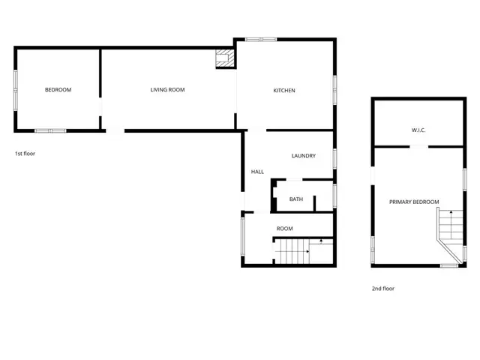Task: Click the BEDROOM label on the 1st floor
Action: click(x=58, y=90)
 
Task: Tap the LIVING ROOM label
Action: click(x=167, y=90)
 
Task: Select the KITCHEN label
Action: click(x=284, y=91)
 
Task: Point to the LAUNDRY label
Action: click(x=303, y=156)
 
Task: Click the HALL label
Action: click(x=257, y=172)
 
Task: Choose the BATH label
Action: click(x=296, y=199)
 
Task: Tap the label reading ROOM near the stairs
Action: click(x=284, y=228)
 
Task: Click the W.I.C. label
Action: click(x=418, y=130)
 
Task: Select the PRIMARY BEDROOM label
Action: click(x=414, y=202)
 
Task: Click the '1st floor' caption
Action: click(x=25, y=153)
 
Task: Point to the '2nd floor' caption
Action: click(x=382, y=288)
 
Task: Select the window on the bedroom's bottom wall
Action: click(x=51, y=130)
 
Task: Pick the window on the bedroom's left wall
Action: click(x=15, y=89)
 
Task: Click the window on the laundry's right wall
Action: click(x=334, y=157)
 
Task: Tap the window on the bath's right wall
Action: click(x=334, y=196)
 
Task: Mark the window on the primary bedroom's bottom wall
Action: click(x=449, y=265)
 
